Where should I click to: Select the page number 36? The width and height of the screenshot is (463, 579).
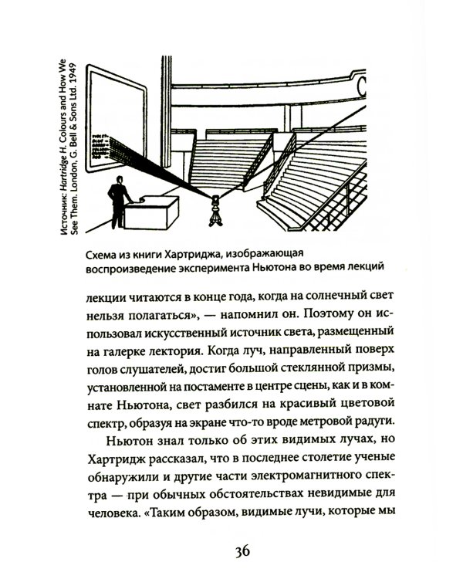241,550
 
